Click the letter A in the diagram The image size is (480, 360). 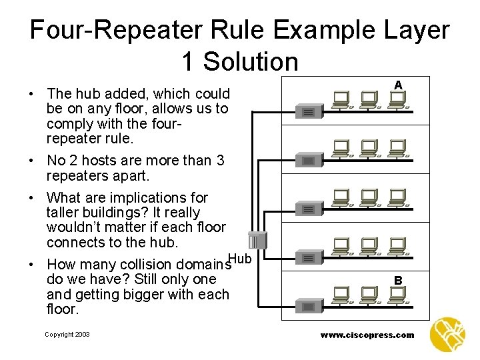pyautogui.click(x=398, y=85)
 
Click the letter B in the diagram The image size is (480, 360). pyautogui.click(x=398, y=281)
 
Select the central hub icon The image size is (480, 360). pyautogui.click(x=257, y=241)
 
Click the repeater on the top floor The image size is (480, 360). pyautogui.click(x=308, y=112)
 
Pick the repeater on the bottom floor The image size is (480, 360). pyautogui.click(x=308, y=307)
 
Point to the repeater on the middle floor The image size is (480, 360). pyautogui.click(x=308, y=209)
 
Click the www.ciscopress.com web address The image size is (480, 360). pyautogui.click(x=367, y=335)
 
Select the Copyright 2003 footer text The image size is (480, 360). pyautogui.click(x=67, y=335)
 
